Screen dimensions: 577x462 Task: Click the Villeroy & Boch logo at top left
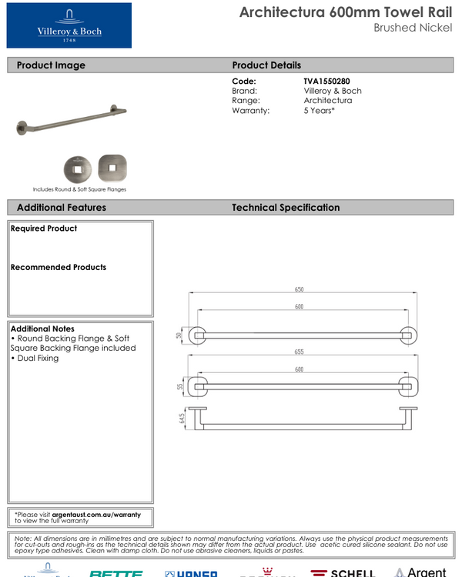69,25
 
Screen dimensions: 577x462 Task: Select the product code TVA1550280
332,81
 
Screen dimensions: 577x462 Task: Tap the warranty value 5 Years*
319,111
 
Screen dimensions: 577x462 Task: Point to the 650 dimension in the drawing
299,290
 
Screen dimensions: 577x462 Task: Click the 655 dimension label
299,352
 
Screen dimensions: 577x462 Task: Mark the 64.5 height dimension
180,419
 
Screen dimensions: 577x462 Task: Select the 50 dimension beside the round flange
179,335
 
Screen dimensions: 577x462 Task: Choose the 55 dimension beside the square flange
180,386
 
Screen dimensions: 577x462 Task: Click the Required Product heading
44,228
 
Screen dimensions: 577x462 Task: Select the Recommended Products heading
59,268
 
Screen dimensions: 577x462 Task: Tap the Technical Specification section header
286,208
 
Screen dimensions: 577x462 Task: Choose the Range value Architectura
327,101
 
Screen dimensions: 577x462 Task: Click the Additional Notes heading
42,329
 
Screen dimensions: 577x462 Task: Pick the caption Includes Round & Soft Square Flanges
79,189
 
